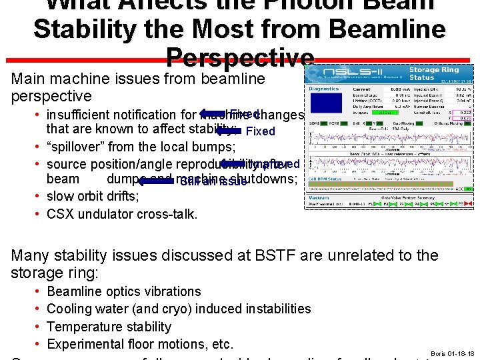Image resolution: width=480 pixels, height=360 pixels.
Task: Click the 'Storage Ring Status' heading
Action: [x=433, y=73]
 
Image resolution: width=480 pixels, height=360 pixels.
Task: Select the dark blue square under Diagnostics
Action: [x=325, y=103]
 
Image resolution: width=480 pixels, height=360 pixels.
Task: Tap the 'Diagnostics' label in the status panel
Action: [x=324, y=88]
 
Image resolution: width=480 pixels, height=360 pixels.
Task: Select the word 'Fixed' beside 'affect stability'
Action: [x=260, y=131]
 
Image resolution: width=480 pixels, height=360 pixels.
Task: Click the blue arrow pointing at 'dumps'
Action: [x=156, y=180]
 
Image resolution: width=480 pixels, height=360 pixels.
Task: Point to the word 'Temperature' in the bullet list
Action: [x=83, y=327]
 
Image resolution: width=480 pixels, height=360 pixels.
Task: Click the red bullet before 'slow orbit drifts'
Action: [x=39, y=197]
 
